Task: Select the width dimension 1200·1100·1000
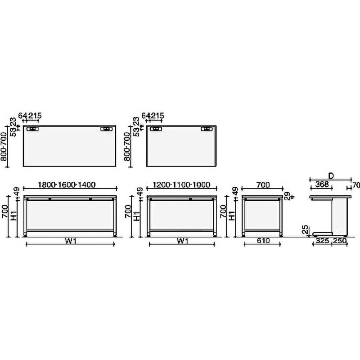pyautogui.click(x=182, y=184)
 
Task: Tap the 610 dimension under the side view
pyautogui.click(x=263, y=241)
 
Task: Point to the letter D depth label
pyautogui.click(x=331, y=175)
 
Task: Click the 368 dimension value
pyautogui.click(x=321, y=184)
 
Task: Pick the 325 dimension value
pyautogui.click(x=321, y=241)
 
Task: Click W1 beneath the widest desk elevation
pyautogui.click(x=71, y=241)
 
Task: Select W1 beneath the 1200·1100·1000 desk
pyautogui.click(x=182, y=241)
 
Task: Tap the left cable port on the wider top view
pyautogui.click(x=32, y=129)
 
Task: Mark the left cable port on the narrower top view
pyautogui.click(x=156, y=129)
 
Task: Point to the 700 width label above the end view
pyautogui.click(x=263, y=184)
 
